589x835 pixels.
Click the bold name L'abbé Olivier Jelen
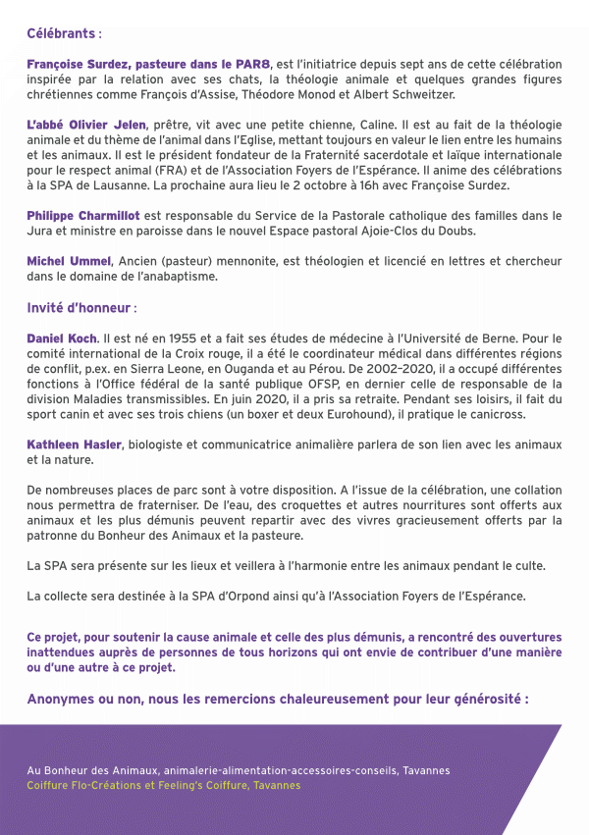point(86,125)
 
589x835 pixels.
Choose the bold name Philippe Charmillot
point(83,215)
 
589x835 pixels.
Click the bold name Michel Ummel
point(69,260)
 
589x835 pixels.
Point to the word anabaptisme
point(183,276)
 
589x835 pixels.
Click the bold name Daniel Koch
point(62,339)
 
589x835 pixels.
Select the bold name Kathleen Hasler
point(74,445)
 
